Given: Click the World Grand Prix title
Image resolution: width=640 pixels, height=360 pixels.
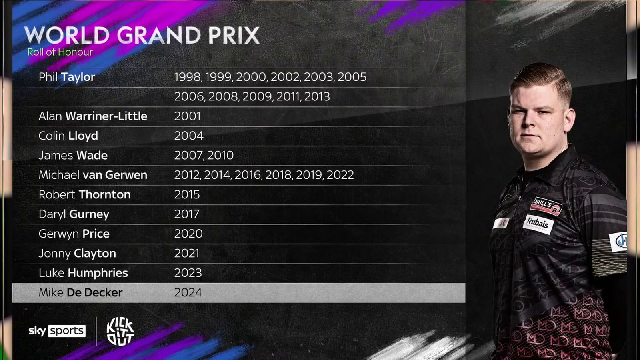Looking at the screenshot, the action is click(x=142, y=36).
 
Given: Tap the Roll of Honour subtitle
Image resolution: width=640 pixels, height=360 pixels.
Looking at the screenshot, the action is click(x=60, y=52).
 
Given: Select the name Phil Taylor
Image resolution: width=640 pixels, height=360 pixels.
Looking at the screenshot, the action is click(x=67, y=77).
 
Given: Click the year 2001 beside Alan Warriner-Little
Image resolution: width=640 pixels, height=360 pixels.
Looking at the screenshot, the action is click(x=188, y=116).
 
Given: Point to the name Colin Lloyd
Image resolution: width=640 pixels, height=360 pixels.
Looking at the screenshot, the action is click(x=68, y=136).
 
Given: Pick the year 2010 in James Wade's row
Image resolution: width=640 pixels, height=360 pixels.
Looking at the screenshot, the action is click(x=220, y=155).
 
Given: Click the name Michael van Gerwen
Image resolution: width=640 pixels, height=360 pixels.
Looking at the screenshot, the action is click(x=93, y=175).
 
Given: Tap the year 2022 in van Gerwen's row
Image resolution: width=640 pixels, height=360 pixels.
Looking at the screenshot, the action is click(x=340, y=175).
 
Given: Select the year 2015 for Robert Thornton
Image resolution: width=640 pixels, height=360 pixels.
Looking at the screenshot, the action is click(x=187, y=194).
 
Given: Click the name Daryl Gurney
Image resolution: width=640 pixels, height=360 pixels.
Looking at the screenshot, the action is click(x=74, y=214).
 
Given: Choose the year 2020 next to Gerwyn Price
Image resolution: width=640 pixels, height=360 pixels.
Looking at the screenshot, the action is click(x=188, y=234).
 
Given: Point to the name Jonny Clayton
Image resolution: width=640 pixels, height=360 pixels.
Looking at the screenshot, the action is click(x=77, y=254).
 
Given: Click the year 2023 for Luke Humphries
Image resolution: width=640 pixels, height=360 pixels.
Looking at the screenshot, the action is click(x=188, y=273).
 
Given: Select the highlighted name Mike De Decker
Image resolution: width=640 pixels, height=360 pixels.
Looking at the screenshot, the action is click(x=80, y=292).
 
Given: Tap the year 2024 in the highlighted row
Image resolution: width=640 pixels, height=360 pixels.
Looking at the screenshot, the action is click(x=188, y=292).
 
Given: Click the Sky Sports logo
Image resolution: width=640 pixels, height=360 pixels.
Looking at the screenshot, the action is click(x=57, y=331).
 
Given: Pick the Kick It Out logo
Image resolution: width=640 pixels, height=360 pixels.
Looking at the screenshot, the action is click(x=120, y=331).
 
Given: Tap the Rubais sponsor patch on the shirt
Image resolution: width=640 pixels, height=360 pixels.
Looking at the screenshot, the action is click(x=538, y=224).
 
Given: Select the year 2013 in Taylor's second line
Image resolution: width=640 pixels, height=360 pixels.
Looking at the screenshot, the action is click(x=317, y=96).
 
